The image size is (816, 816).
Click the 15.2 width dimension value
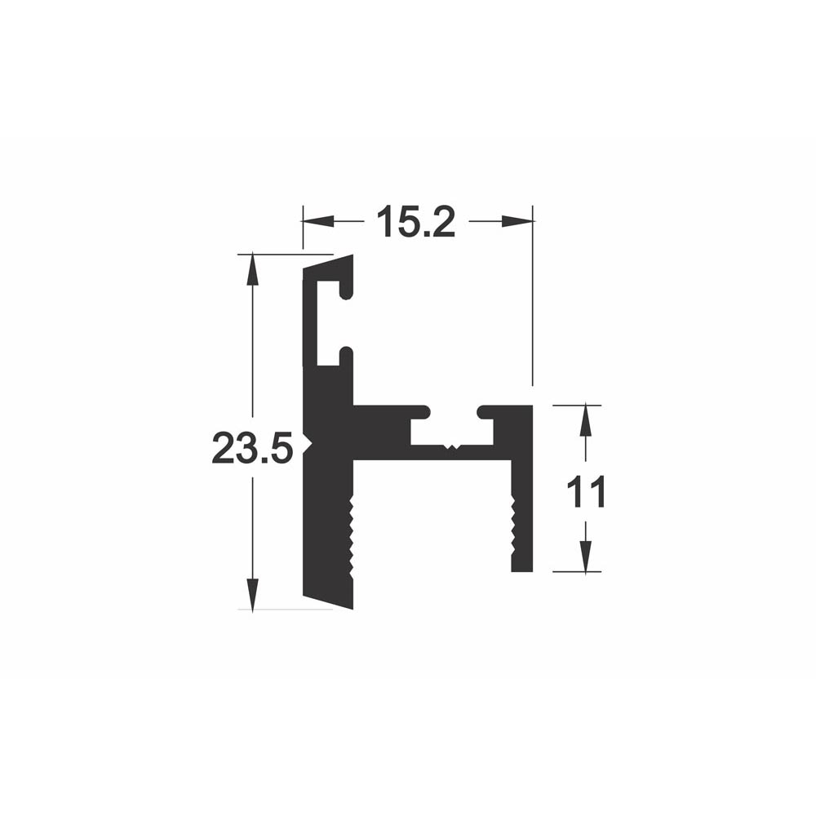pos(416,221)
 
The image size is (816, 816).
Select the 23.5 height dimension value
pos(251,449)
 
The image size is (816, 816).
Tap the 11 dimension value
pos(586,492)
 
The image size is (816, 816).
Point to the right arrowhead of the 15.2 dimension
pos(517,221)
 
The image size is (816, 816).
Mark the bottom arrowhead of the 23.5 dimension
pos(252,595)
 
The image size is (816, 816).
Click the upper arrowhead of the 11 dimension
pos(585,420)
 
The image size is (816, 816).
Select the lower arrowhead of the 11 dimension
pos(585,557)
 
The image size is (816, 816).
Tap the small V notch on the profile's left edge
pos(307,442)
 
